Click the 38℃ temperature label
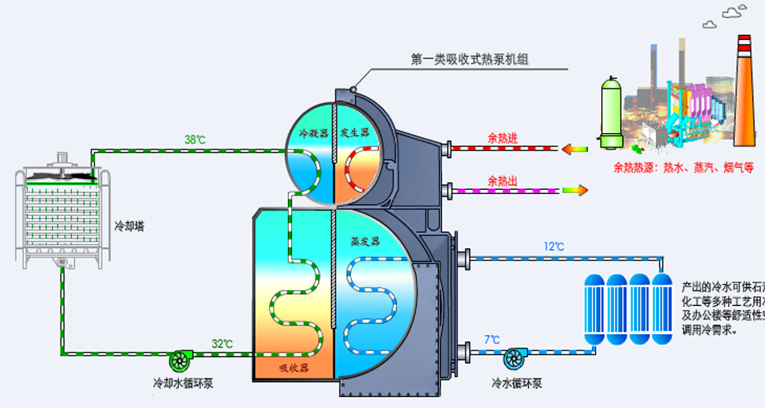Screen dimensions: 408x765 [x=195, y=140]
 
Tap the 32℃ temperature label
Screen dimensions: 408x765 [x=222, y=344]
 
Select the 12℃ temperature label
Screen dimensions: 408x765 [x=553, y=246]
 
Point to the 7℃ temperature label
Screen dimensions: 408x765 [x=491, y=340]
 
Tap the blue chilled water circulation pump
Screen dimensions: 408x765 [x=515, y=358]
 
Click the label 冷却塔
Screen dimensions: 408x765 [x=129, y=227]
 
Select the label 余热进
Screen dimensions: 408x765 [x=502, y=138]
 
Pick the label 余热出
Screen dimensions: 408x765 [x=502, y=181]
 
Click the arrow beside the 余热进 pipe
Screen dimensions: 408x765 [x=574, y=148]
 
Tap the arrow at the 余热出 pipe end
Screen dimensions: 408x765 [x=575, y=190]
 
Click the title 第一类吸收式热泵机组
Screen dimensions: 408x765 [x=469, y=60]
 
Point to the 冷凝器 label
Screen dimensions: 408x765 [x=313, y=133]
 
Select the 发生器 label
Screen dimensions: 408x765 [x=354, y=133]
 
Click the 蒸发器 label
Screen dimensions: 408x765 [x=365, y=241]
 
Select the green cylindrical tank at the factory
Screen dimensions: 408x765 [x=611, y=113]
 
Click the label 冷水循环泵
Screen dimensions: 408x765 [x=517, y=383]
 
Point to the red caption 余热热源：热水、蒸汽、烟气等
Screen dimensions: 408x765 [x=683, y=168]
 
